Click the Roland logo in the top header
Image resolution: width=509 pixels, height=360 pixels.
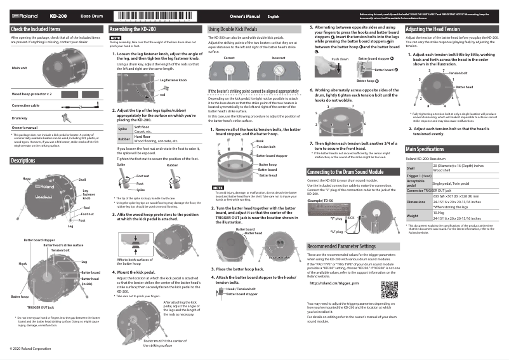pyautogui.click(x=25, y=15)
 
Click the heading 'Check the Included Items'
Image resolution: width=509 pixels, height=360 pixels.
pyautogui.click(x=36, y=29)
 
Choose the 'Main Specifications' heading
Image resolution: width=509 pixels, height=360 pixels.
pyautogui.click(x=429, y=149)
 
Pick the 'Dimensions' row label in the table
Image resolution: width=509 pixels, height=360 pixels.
pyautogui.click(x=417, y=203)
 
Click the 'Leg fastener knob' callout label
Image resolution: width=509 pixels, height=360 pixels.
pyautogui.click(x=173, y=80)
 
